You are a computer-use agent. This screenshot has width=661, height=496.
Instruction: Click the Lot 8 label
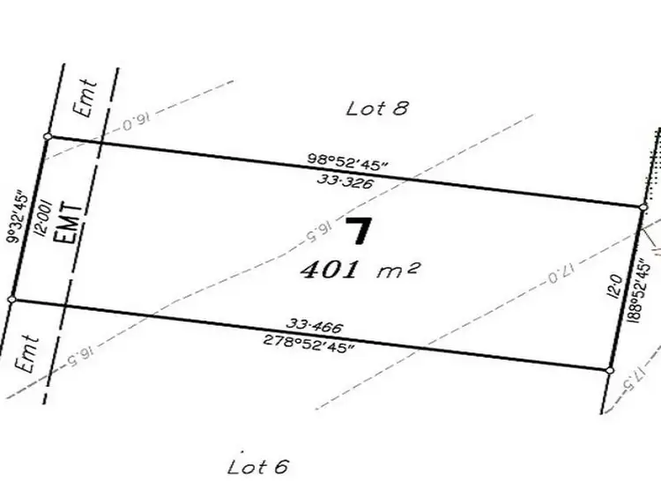[379, 108]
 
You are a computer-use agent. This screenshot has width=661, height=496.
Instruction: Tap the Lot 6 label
[258, 466]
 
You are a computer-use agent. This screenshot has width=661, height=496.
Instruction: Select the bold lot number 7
[358, 232]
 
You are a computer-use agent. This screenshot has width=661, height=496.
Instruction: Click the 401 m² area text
[357, 270]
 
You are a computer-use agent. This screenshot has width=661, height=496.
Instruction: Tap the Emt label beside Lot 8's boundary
[88, 99]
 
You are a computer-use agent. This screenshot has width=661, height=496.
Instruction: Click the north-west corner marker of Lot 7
[48, 137]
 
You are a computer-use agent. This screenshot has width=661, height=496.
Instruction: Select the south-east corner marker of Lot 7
[610, 370]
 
